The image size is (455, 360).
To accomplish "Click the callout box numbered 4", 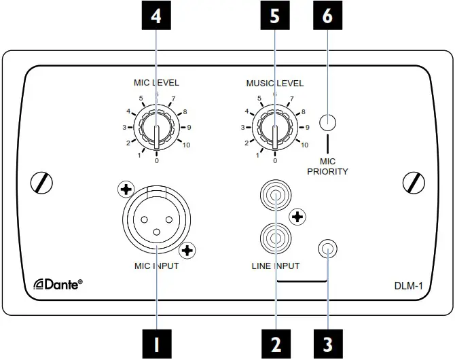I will (x=157, y=17).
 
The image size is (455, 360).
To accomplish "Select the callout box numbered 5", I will (x=275, y=17).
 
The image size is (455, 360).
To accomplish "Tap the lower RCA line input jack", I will (x=275, y=240).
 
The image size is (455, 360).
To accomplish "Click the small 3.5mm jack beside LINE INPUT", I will (x=328, y=250).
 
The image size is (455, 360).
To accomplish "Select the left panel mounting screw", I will (x=43, y=182).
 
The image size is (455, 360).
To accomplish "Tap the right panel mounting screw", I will (x=412, y=182).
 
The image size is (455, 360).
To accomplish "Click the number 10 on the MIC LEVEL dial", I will (x=186, y=145).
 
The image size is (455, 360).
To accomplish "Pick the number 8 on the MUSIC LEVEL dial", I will (x=303, y=112).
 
